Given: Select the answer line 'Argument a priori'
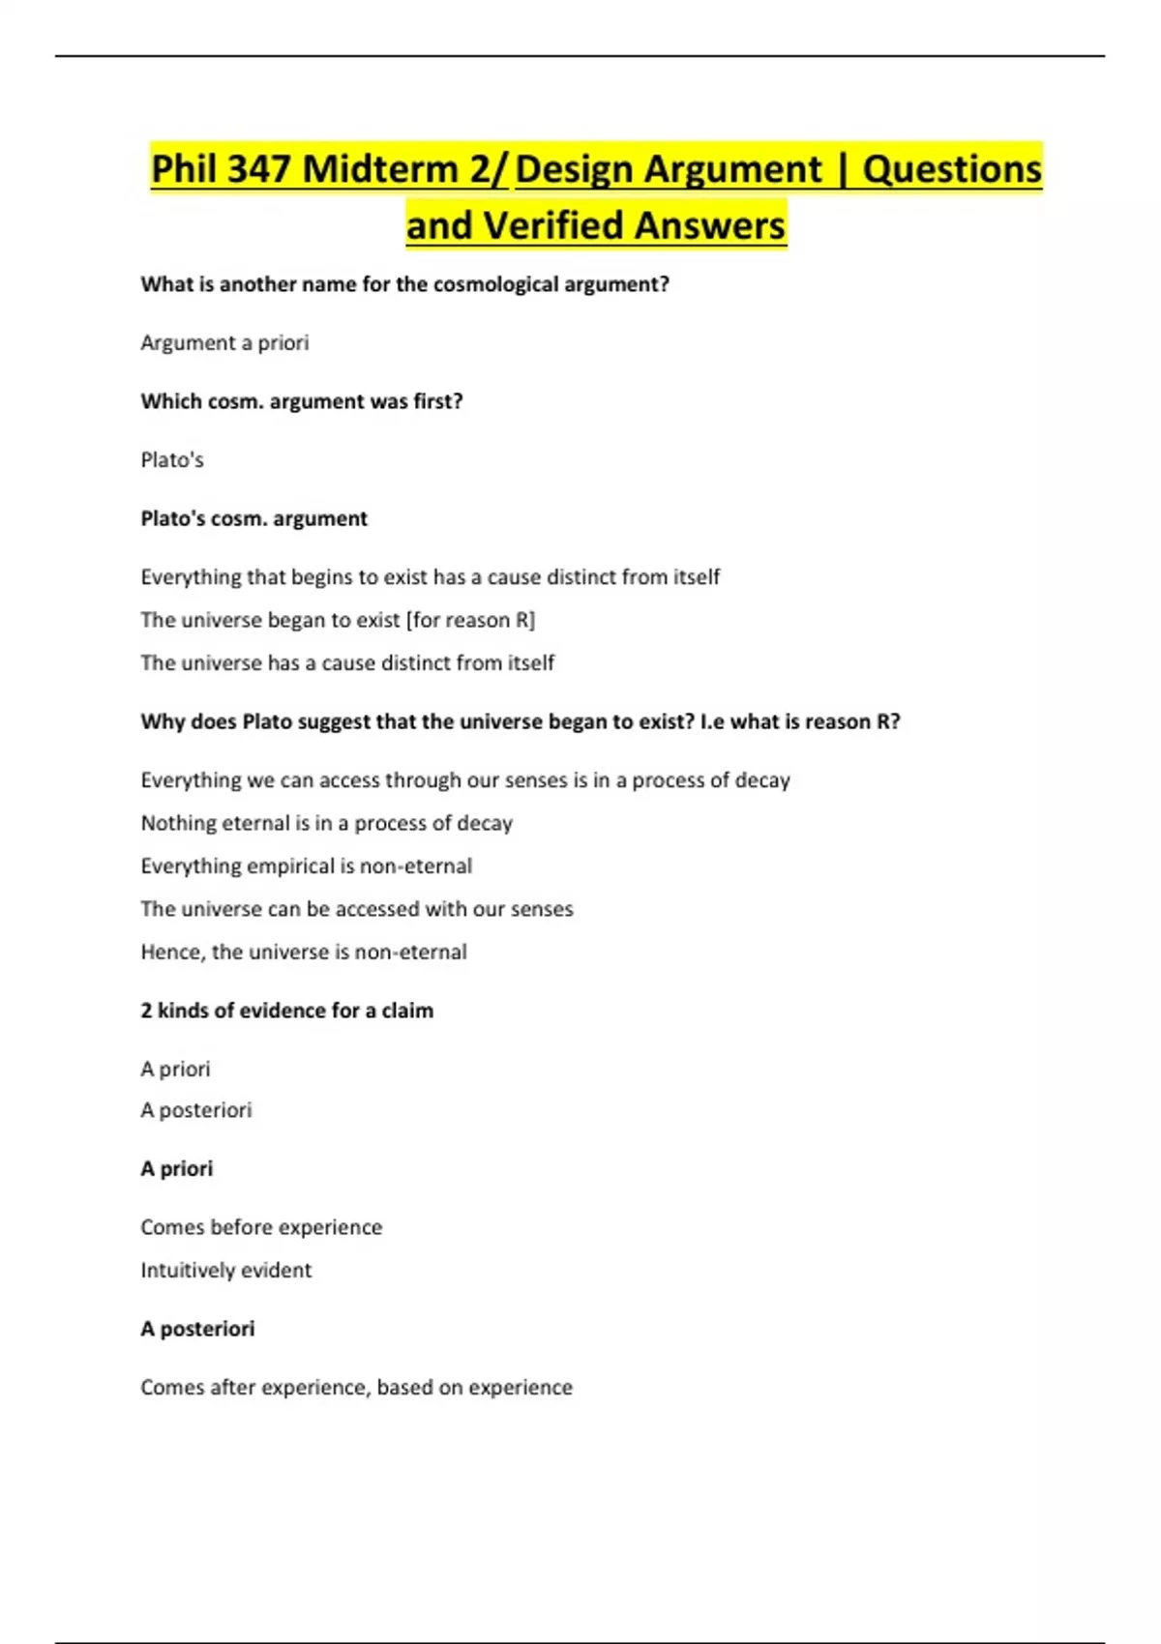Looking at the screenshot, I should click(x=224, y=342).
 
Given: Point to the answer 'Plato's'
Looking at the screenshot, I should click(x=172, y=459).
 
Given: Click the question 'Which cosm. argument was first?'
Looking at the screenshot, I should click(x=302, y=401).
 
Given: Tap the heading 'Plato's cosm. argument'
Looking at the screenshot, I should click(x=253, y=518).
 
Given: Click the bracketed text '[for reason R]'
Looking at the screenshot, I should click(x=470, y=620).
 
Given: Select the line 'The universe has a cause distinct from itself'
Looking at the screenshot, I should click(x=347, y=662).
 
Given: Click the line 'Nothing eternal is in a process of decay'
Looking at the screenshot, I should click(x=326, y=823).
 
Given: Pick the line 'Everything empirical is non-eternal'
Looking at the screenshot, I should click(x=306, y=866).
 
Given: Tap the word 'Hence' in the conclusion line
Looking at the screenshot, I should click(x=170, y=952).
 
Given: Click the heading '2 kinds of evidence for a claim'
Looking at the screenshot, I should click(x=286, y=1011).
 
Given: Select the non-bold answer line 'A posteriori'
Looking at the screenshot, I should click(x=195, y=1110).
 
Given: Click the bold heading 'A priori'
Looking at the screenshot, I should click(x=176, y=1168).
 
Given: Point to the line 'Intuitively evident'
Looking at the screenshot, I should click(x=225, y=1270).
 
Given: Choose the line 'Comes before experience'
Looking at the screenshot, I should click(x=261, y=1227).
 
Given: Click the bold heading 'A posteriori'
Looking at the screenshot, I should click(x=197, y=1329).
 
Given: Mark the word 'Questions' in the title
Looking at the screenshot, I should click(x=952, y=169).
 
